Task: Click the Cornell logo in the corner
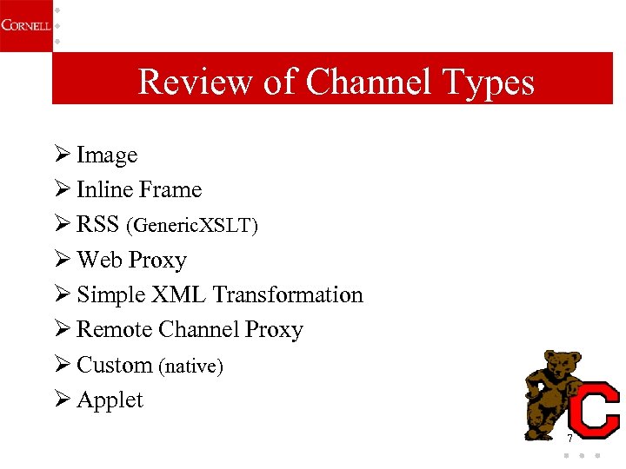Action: coord(24,24)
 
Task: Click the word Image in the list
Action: coord(107,155)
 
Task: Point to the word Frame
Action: coord(170,190)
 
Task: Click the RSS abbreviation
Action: coord(98,225)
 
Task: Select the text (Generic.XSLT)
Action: coord(192,226)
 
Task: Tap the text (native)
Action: coord(190,367)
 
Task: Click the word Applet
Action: coord(110,400)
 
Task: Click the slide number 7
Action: coord(570,438)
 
